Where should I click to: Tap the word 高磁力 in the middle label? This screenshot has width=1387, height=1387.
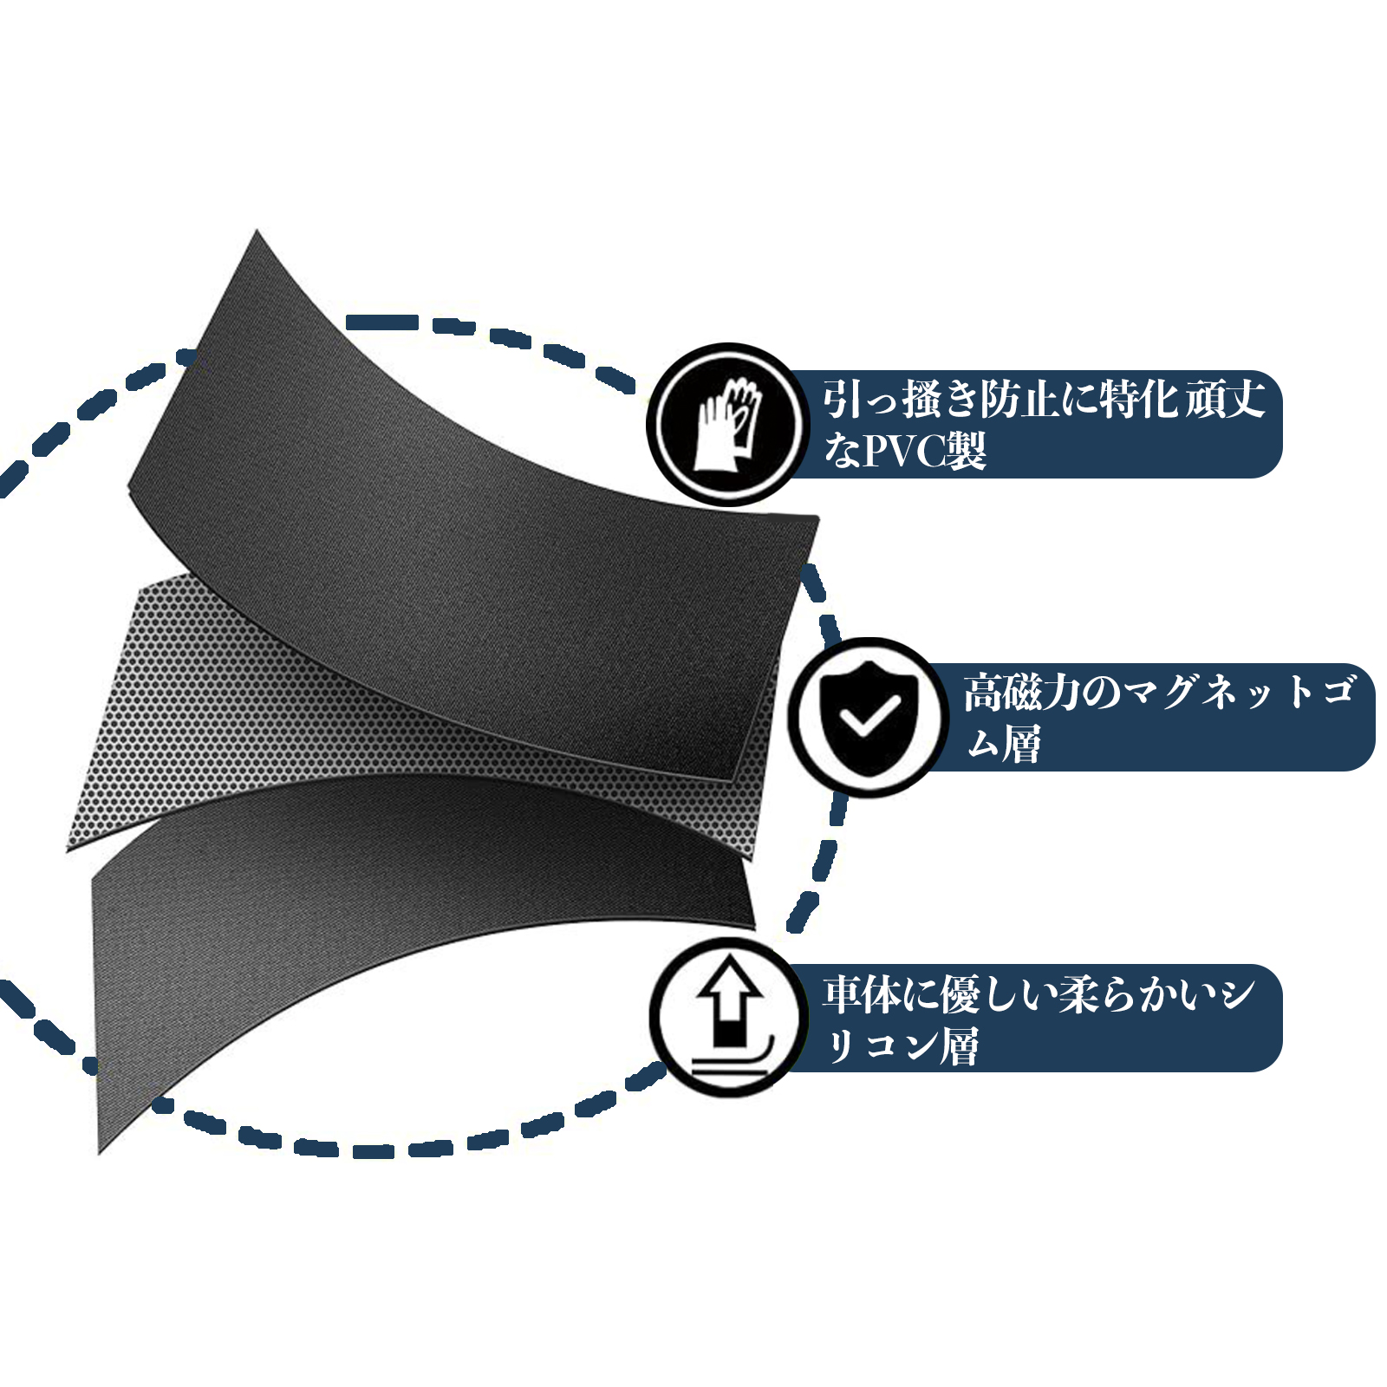pyautogui.click(x=1022, y=693)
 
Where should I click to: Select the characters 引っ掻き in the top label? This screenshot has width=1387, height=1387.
pyautogui.click(x=899, y=400)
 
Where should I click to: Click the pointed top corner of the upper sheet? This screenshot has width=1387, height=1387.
pyautogui.click(x=257, y=231)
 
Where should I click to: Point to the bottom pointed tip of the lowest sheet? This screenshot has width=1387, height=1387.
pyautogui.click(x=100, y=1154)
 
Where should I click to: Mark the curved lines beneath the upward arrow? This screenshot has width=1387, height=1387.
pyautogui.click(x=732, y=1063)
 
